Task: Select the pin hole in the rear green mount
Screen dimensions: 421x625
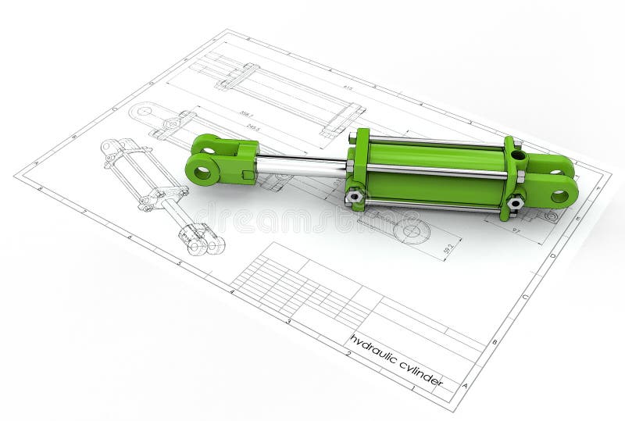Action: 559,196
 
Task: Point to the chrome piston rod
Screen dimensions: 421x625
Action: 301,166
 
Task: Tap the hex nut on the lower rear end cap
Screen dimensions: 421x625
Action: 514,203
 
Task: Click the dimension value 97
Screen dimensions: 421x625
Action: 516,230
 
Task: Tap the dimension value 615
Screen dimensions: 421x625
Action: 347,88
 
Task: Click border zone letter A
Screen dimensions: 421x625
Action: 465,385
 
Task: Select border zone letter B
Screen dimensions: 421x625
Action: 494,342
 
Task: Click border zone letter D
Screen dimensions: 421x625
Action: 552,255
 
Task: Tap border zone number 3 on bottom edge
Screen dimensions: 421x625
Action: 288,321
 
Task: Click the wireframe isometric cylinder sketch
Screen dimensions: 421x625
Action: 160,196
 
